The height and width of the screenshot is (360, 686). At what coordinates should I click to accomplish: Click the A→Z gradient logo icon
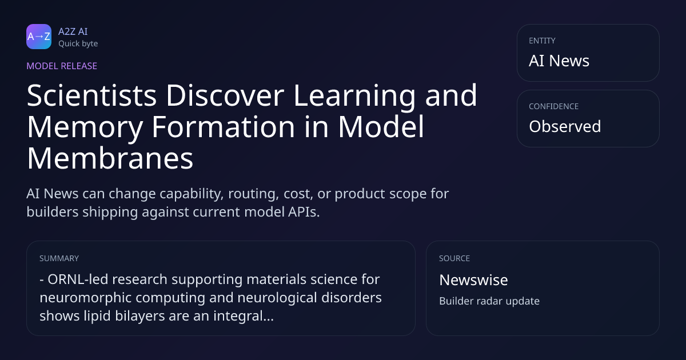39,37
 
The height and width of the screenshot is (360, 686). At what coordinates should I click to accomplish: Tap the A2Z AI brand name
73,31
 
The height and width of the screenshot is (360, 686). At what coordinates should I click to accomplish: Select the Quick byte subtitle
78,44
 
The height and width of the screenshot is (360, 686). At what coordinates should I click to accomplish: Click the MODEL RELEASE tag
62,66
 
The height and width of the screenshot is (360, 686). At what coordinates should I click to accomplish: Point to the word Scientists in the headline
92,95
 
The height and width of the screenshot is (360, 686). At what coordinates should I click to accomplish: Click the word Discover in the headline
225,95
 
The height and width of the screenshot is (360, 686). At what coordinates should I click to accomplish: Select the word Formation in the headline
224,127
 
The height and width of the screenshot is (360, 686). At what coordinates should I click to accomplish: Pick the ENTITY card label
542,41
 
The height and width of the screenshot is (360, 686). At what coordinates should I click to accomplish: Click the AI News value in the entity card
559,61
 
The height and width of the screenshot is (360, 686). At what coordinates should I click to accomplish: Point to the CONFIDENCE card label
554,106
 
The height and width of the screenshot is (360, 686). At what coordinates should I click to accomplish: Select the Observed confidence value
565,126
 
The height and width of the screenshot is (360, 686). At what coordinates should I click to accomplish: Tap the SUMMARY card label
59,258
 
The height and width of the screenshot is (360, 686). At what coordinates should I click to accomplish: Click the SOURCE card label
454,258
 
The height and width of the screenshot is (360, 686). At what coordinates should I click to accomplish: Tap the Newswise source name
473,280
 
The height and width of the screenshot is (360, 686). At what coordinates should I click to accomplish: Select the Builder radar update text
489,301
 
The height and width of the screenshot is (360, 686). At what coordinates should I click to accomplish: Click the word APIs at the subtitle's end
304,212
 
